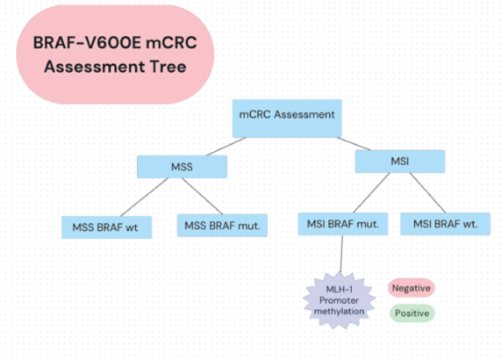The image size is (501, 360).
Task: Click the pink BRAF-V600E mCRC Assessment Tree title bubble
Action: click(115, 54)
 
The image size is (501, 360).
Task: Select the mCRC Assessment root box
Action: click(287, 119)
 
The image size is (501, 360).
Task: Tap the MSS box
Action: click(182, 167)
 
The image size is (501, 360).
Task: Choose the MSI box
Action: click(400, 162)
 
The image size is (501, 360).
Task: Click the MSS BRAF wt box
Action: click(106, 227)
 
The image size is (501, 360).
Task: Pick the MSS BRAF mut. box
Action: click(222, 226)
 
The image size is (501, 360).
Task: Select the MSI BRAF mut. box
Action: click(343, 224)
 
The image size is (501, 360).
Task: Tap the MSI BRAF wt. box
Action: click(445, 224)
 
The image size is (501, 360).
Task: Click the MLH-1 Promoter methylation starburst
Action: click(339, 300)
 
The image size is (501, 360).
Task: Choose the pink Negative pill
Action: click(412, 288)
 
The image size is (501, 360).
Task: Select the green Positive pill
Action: click(412, 313)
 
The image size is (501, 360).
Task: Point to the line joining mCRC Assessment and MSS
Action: click(226, 147)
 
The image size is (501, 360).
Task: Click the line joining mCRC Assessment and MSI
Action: click(354, 144)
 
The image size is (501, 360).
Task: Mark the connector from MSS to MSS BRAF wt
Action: click(144, 198)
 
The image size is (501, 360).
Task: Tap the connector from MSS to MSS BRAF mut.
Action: click(202, 196)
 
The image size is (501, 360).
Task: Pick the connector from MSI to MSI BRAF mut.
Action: click(371, 193)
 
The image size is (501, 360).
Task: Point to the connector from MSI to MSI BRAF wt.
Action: click(427, 193)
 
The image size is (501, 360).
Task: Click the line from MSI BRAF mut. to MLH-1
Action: click(341, 254)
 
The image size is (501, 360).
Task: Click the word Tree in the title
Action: click(168, 67)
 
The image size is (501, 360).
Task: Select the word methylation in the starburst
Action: click(339, 312)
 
